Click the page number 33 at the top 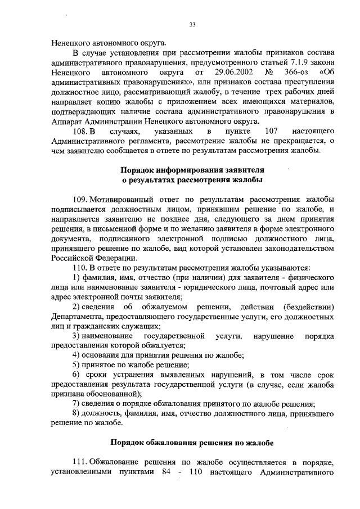point(192,24)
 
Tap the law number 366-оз point(294,73)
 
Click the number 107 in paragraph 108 point(272,131)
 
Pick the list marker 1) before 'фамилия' point(76,278)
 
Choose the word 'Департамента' point(76,317)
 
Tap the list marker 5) point(76,364)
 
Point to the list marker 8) point(76,413)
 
